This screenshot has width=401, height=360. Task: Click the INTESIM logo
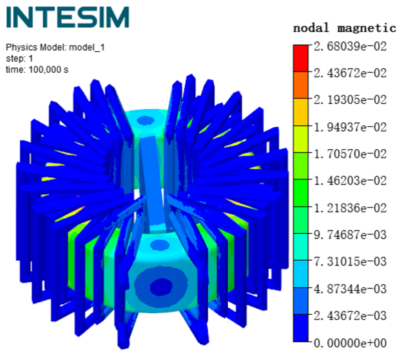click(x=68, y=17)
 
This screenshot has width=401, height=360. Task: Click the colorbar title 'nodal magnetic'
click(x=344, y=28)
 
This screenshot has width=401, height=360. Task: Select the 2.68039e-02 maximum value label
click(x=350, y=47)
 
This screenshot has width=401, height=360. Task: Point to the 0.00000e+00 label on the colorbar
click(x=350, y=343)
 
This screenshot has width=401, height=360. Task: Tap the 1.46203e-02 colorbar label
click(x=350, y=181)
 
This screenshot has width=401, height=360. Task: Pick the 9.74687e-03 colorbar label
click(x=350, y=235)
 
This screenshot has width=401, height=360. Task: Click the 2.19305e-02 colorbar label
click(x=350, y=100)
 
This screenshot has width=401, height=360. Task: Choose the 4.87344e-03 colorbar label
click(x=350, y=289)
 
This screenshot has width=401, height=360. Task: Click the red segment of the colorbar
click(x=301, y=58)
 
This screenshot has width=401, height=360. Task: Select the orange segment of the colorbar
click(x=301, y=85)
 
